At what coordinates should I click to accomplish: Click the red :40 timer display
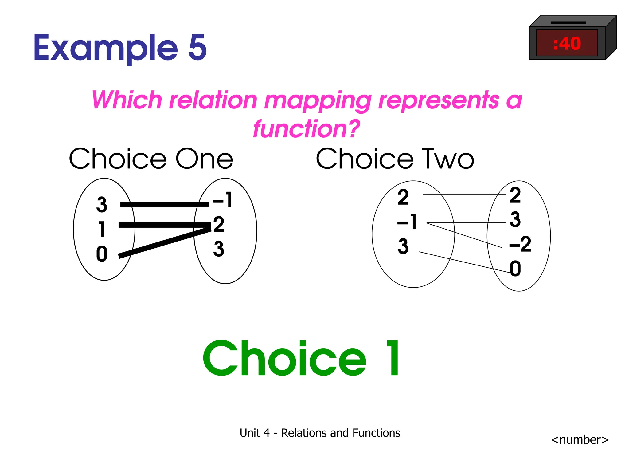[x=567, y=43]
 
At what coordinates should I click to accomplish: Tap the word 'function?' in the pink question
[x=306, y=128]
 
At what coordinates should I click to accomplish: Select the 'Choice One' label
[x=151, y=159]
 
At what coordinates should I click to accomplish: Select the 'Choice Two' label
[x=395, y=159]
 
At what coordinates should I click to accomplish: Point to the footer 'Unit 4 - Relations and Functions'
[x=320, y=433]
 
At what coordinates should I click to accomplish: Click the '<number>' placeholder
[x=580, y=439]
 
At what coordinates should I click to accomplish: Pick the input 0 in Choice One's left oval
[x=102, y=254]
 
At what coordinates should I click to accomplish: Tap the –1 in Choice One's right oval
[x=223, y=200]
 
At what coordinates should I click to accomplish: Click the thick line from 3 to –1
[x=164, y=204]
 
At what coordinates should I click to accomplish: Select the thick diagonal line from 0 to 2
[x=164, y=242]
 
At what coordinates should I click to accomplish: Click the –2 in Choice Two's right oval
[x=520, y=244]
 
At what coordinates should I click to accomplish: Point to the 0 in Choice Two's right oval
[x=515, y=269]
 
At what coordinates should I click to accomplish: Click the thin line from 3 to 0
[x=464, y=262]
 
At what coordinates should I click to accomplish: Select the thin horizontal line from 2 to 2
[x=464, y=194]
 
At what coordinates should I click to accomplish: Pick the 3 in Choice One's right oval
[x=219, y=249]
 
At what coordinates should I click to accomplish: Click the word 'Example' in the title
[x=106, y=48]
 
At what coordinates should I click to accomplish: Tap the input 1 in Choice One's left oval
[x=102, y=229]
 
